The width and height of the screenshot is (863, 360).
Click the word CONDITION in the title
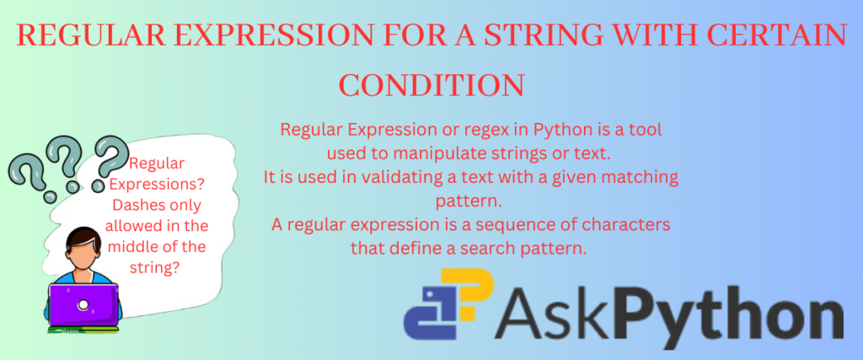click(x=431, y=84)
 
